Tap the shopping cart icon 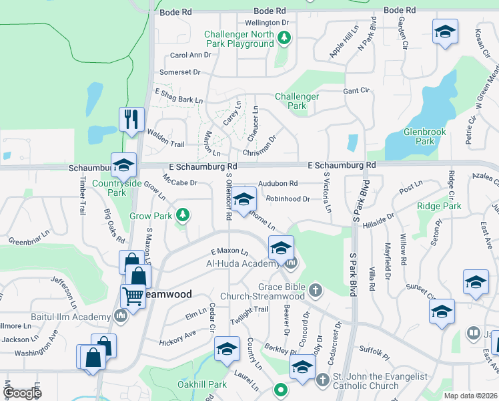pyautogui.click(x=133, y=295)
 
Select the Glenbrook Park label pyautogui.click(x=424, y=136)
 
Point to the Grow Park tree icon pyautogui.click(x=181, y=215)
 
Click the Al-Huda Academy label pyautogui.click(x=244, y=263)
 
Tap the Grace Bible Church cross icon pyautogui.click(x=315, y=291)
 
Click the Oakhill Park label pyautogui.click(x=202, y=384)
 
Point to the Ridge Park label pyautogui.click(x=439, y=207)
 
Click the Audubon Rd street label pyautogui.click(x=278, y=183)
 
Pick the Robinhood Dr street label pyautogui.click(x=288, y=198)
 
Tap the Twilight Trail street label pyautogui.click(x=249, y=310)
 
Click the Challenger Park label pyautogui.click(x=297, y=101)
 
